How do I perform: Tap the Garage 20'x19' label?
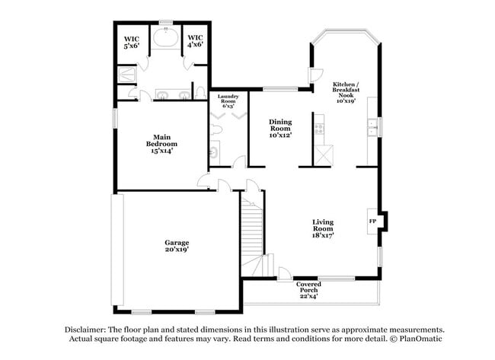click(x=177, y=246)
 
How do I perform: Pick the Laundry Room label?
click(x=229, y=100)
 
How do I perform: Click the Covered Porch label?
click(x=308, y=289)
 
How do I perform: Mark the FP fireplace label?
click(x=372, y=221)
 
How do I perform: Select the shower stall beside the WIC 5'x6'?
click(x=126, y=75)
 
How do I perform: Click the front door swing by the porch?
click(x=283, y=272)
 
